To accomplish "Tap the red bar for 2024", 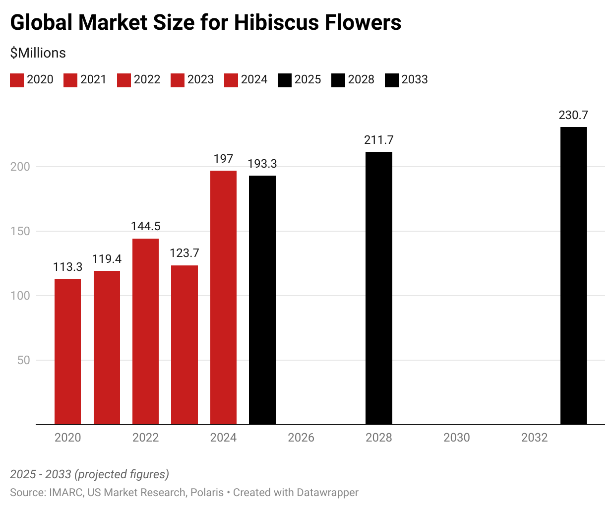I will pyautogui.click(x=223, y=298).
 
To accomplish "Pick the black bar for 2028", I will pyautogui.click(x=379, y=288).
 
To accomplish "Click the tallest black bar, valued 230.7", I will pyautogui.click(x=573, y=276).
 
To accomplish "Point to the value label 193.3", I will pyautogui.click(x=262, y=164).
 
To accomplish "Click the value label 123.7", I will pyautogui.click(x=184, y=253).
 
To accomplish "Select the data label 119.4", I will pyautogui.click(x=107, y=259).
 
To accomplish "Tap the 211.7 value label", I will pyautogui.click(x=379, y=140).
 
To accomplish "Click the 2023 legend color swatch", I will pyautogui.click(x=178, y=80).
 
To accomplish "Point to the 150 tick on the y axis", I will pyautogui.click(x=20, y=231).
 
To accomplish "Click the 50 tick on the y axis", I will pyautogui.click(x=24, y=360).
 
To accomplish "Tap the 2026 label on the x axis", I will pyautogui.click(x=301, y=438).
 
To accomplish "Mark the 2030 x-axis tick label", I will pyautogui.click(x=457, y=438).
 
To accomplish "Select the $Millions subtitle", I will pyautogui.click(x=38, y=53).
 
